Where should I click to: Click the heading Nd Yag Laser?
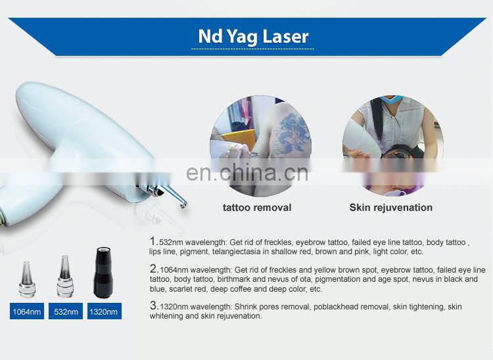(253, 37)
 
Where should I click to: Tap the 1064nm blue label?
(26, 311)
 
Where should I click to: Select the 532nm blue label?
(65, 311)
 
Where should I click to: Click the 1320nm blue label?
(105, 311)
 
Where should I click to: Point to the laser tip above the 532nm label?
(65, 280)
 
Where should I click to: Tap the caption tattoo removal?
(257, 208)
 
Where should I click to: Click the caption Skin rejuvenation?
(390, 208)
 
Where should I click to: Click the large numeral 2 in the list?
(154, 269)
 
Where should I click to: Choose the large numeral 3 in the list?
(154, 305)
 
